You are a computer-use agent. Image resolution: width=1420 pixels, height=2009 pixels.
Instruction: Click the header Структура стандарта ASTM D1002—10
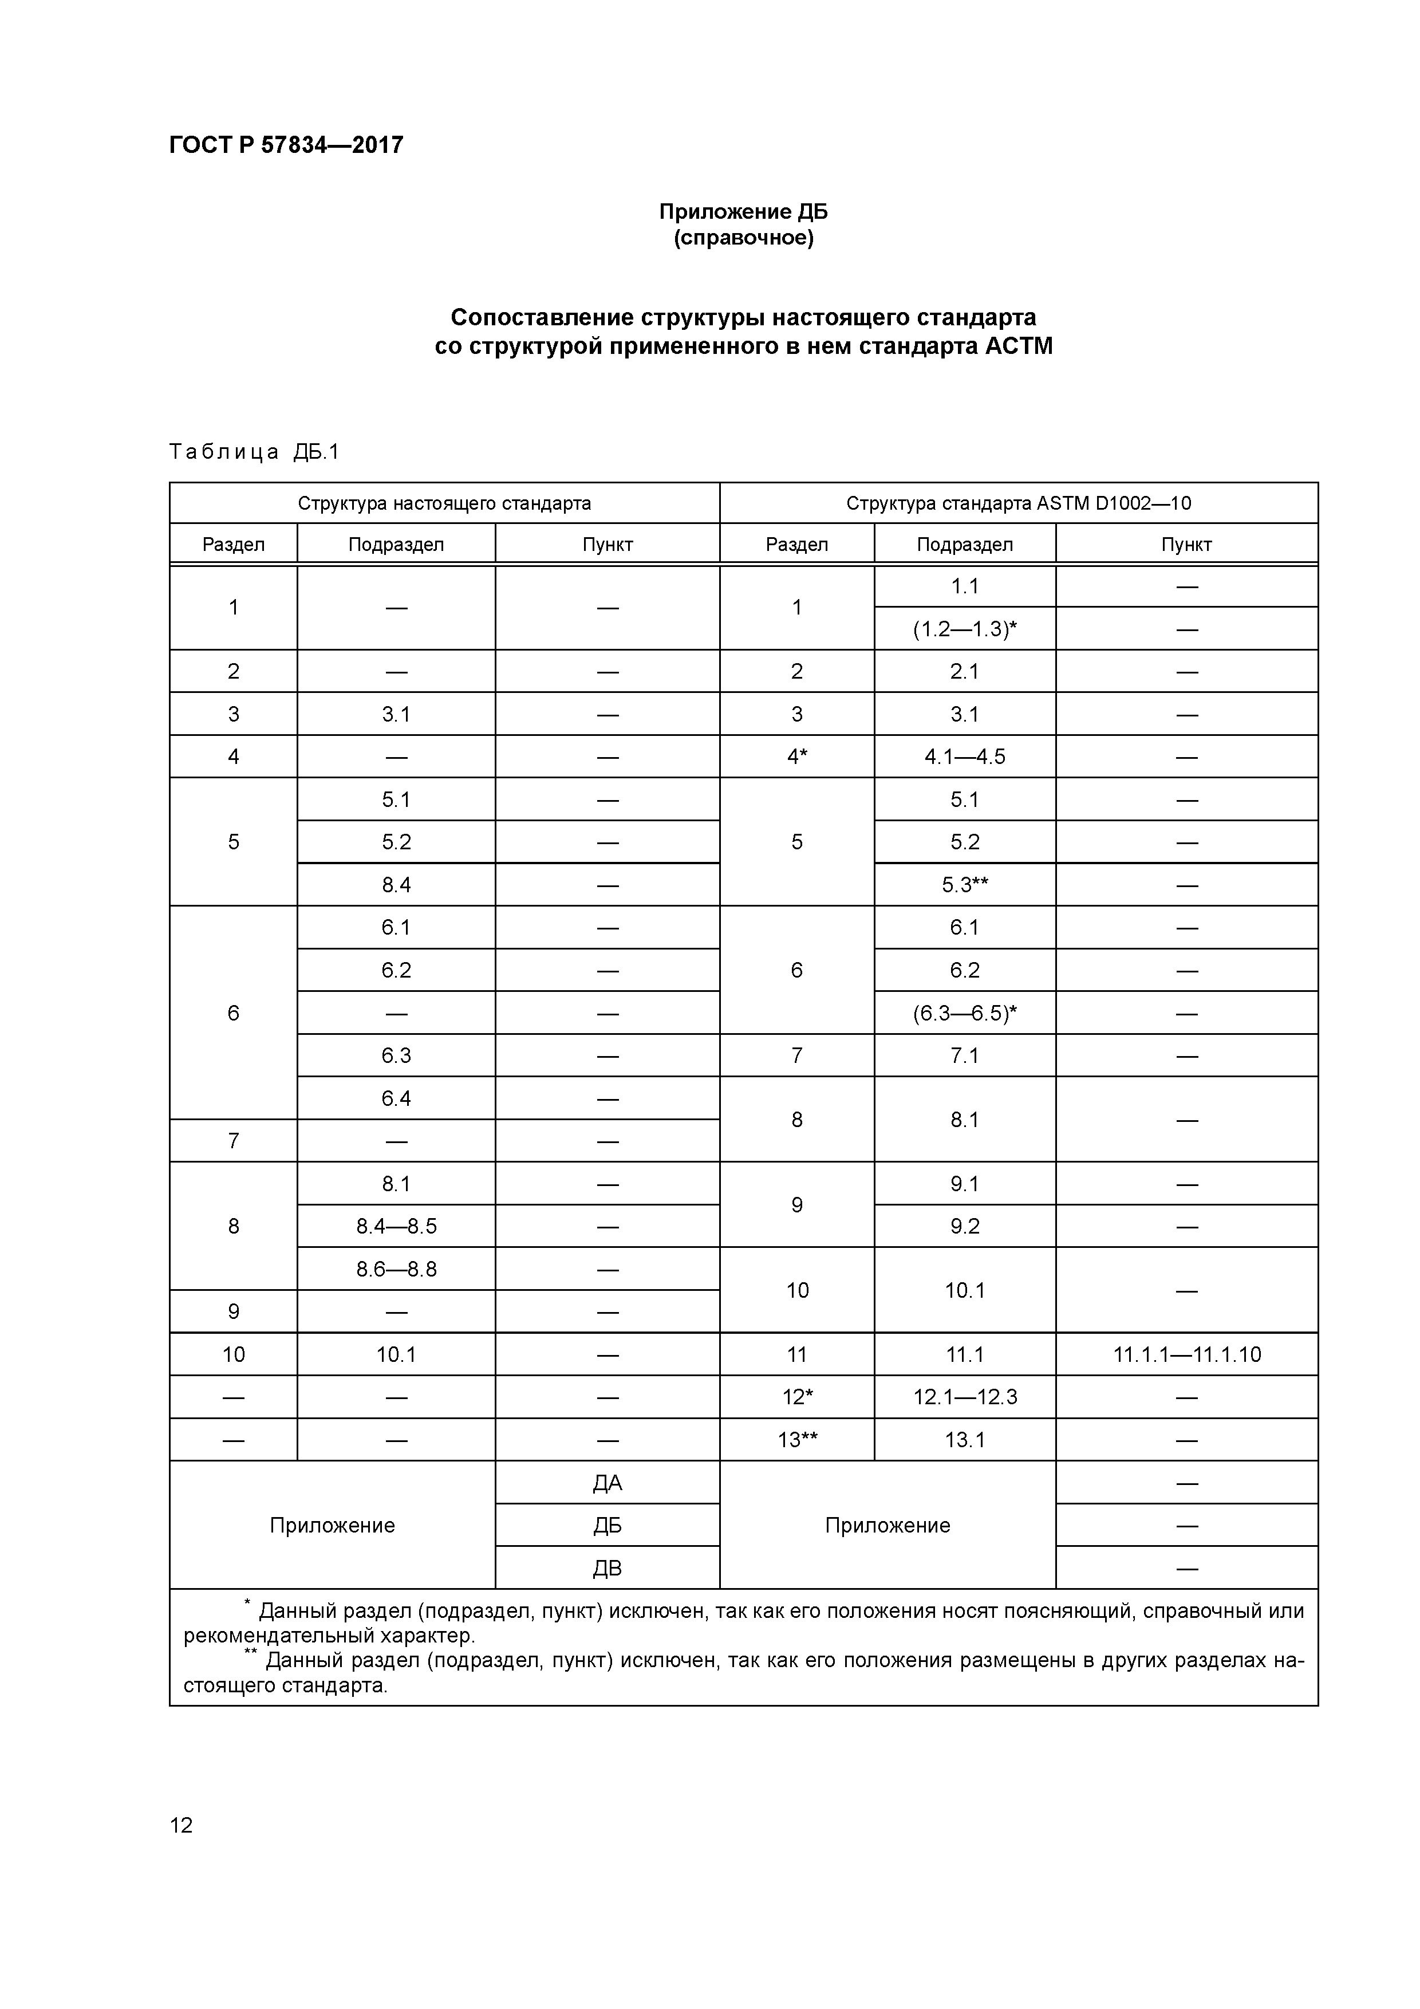[1019, 503]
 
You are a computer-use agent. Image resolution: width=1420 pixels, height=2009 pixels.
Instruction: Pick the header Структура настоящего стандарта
[444, 503]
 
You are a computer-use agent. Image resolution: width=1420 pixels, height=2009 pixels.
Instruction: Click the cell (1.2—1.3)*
[964, 629]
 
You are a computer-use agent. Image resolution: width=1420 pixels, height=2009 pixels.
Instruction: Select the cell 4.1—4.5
[964, 757]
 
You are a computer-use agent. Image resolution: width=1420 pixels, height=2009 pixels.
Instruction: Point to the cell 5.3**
[964, 885]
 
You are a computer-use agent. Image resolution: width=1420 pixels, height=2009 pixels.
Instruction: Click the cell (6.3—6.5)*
[964, 1013]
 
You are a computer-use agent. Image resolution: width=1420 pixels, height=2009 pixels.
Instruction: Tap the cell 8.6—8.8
[396, 1269]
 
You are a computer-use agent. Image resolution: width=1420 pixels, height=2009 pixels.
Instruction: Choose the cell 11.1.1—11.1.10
[1186, 1354]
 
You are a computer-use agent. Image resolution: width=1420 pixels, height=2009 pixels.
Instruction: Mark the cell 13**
[796, 1439]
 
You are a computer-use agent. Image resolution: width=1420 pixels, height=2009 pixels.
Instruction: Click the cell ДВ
[607, 1568]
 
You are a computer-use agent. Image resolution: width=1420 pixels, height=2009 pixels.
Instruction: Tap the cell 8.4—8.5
[396, 1226]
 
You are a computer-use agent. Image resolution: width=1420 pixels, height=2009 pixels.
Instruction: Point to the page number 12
[181, 1825]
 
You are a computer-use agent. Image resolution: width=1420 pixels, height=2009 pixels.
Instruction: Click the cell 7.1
[964, 1055]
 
